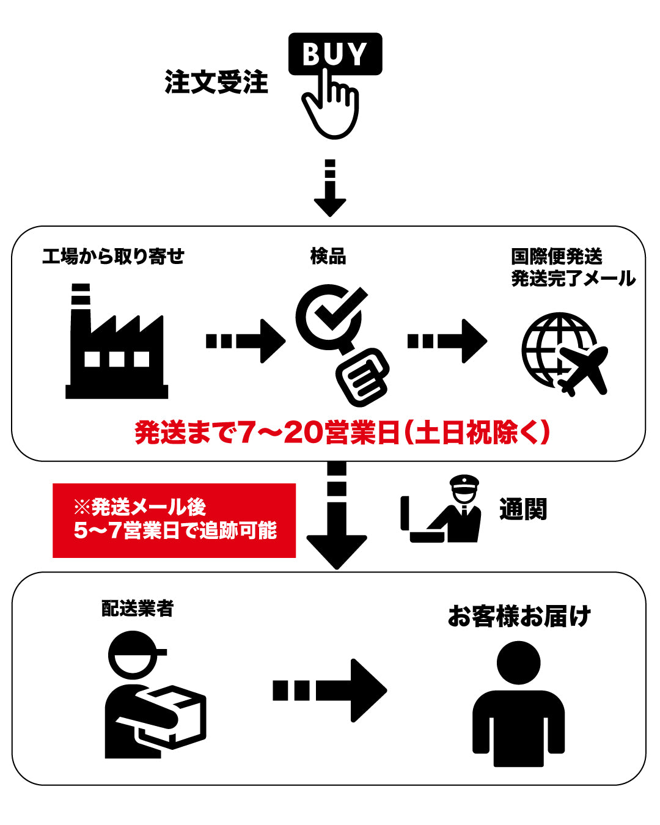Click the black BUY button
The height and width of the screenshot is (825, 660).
pos(335,54)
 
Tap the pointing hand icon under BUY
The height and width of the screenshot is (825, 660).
pos(331,106)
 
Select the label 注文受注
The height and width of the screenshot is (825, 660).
pos(216,82)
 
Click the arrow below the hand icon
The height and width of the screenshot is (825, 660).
pos(330,188)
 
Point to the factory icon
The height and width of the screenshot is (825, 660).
pos(117,341)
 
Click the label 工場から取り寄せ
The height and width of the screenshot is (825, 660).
pos(113,256)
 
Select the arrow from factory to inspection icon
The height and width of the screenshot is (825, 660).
pos(246,341)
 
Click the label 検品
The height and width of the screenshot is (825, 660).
pos(328,256)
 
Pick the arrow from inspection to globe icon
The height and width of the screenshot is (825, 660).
pos(447,341)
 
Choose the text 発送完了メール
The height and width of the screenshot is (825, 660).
pos(573,279)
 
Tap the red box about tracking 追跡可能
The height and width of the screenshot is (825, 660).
pos(174,520)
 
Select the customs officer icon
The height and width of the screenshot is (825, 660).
pos(441,508)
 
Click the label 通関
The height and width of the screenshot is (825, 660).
pos(523,510)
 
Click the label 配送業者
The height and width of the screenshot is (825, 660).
pos(137,609)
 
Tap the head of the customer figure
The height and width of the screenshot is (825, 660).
pos(518,663)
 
